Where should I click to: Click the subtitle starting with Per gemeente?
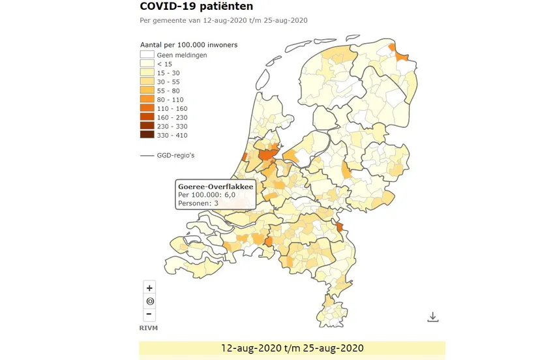click(x=224, y=20)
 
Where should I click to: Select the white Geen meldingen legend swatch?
click(x=147, y=55)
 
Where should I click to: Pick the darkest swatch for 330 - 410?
click(x=147, y=134)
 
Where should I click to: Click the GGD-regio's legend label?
click(x=176, y=155)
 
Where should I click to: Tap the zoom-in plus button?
click(x=150, y=288)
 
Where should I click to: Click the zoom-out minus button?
click(x=150, y=314)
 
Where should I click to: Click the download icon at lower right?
click(x=432, y=317)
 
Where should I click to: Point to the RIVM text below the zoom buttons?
click(x=149, y=327)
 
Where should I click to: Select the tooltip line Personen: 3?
click(x=198, y=203)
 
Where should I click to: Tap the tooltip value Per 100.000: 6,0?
click(x=206, y=195)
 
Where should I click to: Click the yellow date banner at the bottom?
click(x=292, y=348)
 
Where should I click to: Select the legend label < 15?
click(x=164, y=64)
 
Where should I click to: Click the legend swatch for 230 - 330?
click(x=147, y=126)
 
